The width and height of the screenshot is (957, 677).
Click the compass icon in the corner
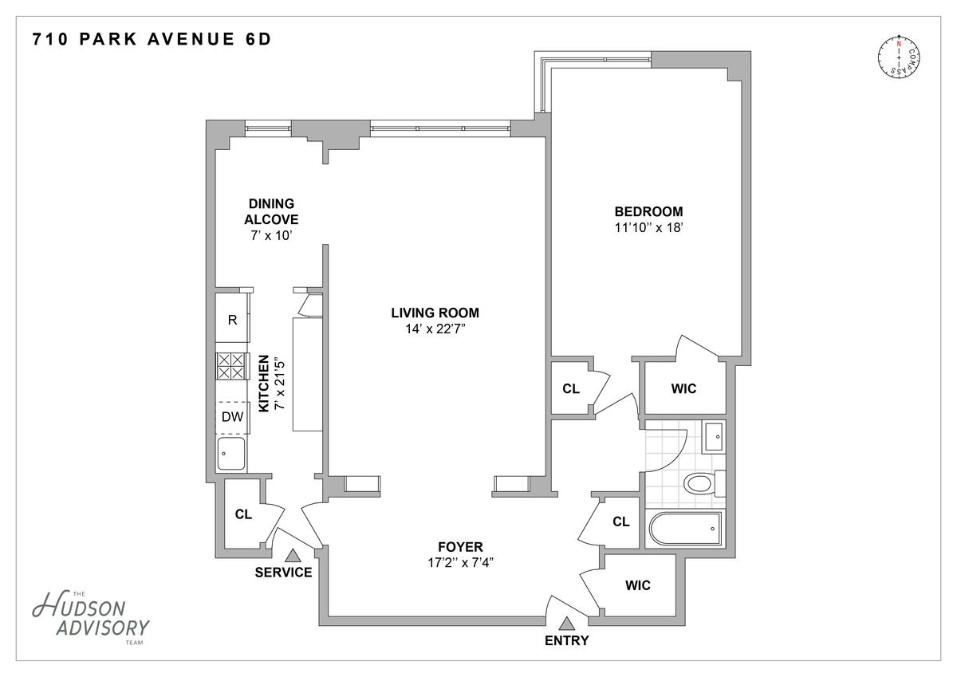pyautogui.click(x=899, y=58)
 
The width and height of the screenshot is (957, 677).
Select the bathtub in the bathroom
pyautogui.click(x=685, y=529)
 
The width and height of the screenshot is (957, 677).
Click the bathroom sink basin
pyautogui.click(x=714, y=437)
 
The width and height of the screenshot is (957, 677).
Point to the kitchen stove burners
pyautogui.click(x=231, y=366)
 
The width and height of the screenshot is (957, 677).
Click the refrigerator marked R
pyautogui.click(x=232, y=320)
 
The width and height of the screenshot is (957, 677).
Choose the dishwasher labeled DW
pyautogui.click(x=232, y=417)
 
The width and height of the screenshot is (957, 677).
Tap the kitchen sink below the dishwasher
pyautogui.click(x=231, y=454)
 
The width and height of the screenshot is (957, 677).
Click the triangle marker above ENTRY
pyautogui.click(x=566, y=624)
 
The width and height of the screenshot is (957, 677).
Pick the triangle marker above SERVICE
pyautogui.click(x=292, y=555)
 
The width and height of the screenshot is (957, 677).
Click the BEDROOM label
pyautogui.click(x=648, y=211)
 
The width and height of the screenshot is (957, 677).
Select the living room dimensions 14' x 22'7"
pyautogui.click(x=435, y=329)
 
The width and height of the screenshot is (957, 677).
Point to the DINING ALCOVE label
pyautogui.click(x=271, y=211)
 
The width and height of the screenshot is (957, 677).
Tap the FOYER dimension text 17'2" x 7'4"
pyautogui.click(x=461, y=563)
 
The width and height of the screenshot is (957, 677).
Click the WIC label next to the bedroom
pyautogui.click(x=683, y=388)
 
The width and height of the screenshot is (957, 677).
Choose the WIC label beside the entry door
pyautogui.click(x=638, y=585)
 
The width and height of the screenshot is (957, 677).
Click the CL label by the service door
pyautogui.click(x=243, y=514)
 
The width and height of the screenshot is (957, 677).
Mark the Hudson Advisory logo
pyautogui.click(x=91, y=619)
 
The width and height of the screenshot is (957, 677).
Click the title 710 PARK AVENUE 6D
pyautogui.click(x=152, y=39)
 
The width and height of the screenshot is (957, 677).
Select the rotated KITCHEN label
pyautogui.click(x=264, y=384)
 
